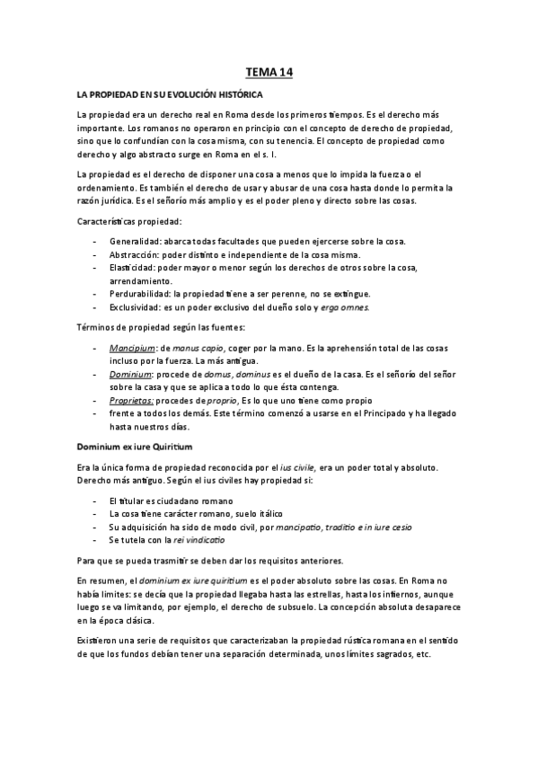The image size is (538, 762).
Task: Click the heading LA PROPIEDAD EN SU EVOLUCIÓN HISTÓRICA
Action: [x=169, y=93]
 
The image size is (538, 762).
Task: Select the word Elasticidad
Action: [x=132, y=268]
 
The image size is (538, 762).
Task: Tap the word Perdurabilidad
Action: [x=139, y=294]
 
